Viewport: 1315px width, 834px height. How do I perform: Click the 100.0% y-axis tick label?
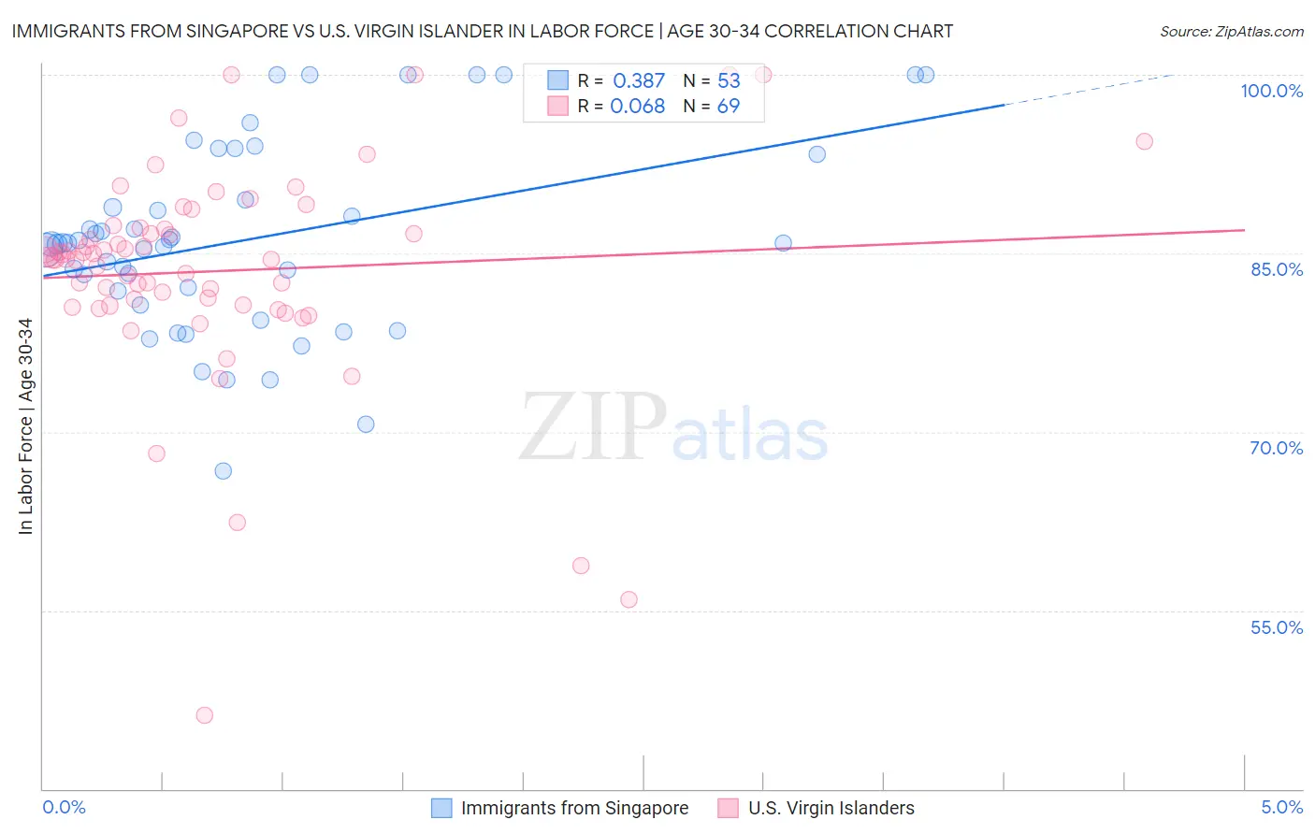[x=1271, y=91]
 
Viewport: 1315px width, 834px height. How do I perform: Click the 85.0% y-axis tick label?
[x=1277, y=269]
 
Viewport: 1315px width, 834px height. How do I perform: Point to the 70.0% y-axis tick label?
[x=1276, y=448]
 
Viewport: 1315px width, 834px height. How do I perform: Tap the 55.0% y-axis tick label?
[x=1276, y=627]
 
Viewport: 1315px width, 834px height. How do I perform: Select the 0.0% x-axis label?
[x=64, y=808]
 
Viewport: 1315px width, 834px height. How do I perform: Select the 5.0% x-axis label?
[x=1281, y=808]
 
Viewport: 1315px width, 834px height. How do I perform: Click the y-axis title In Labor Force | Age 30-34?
[x=25, y=426]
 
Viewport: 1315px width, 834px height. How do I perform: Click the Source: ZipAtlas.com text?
[x=1231, y=32]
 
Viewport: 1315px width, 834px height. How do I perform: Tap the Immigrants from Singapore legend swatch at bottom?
[x=441, y=808]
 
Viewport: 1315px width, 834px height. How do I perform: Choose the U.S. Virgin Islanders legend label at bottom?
[x=831, y=808]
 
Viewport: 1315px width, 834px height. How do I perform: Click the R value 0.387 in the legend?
[x=639, y=81]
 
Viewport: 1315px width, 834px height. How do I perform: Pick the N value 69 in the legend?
[x=728, y=107]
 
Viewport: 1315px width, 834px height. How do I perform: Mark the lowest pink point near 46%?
[x=205, y=715]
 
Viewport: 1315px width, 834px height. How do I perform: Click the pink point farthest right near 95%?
[x=1144, y=142]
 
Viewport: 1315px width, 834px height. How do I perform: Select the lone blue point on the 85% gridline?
[x=783, y=243]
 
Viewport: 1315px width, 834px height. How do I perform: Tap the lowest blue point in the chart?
[x=223, y=471]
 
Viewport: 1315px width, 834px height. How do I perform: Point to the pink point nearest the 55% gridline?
[x=629, y=599]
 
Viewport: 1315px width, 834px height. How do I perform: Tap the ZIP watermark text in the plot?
[x=593, y=427]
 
